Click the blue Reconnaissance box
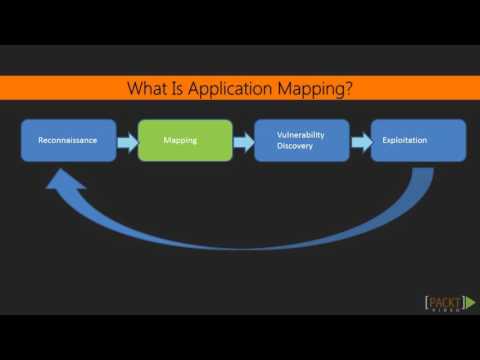pos(67,141)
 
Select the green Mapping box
pos(184,141)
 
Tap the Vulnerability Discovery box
pos(302,141)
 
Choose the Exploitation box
pos(418,141)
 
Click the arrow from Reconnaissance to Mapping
pos(126,142)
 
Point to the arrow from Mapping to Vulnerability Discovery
pos(243,142)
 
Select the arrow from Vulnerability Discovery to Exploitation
pos(360,142)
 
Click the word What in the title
pos(146,88)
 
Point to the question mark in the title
pos(349,88)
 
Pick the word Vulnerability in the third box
pos(302,134)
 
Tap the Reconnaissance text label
pos(67,141)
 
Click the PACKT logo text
pos(441,301)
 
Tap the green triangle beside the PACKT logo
pos(468,302)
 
